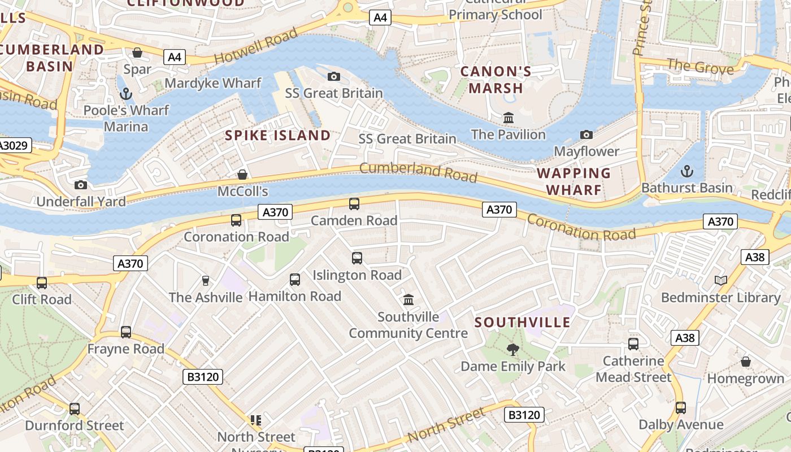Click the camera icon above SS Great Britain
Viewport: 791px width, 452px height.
[x=334, y=76]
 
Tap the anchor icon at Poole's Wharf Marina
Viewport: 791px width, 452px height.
[x=125, y=93]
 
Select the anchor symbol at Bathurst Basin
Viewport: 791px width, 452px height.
[x=687, y=171]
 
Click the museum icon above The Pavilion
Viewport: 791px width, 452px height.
[x=508, y=118]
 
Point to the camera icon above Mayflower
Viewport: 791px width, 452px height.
[x=586, y=134]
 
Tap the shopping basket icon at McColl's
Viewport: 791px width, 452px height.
[x=242, y=175]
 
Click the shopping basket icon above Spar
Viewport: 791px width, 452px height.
[x=137, y=53]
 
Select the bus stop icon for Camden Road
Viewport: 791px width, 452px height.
[x=354, y=204]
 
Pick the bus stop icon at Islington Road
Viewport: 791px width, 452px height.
[x=357, y=258]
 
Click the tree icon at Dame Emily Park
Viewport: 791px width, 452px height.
[x=513, y=350]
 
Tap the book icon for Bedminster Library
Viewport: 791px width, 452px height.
[x=720, y=280]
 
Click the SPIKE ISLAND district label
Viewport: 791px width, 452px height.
[x=277, y=136]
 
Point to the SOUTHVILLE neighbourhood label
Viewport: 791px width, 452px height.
[x=523, y=323]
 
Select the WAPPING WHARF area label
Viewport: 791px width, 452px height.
[x=573, y=181]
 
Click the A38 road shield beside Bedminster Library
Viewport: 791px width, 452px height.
[x=754, y=258]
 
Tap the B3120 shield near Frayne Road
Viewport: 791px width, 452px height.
[x=203, y=376]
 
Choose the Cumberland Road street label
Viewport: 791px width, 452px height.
[x=418, y=172]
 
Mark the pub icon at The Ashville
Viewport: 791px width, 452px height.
[x=206, y=281]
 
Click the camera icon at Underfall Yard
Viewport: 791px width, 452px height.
[x=81, y=185]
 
